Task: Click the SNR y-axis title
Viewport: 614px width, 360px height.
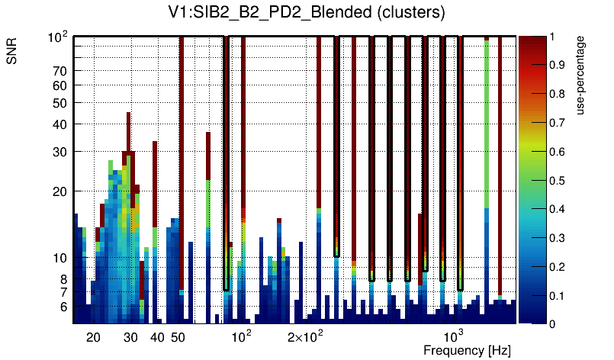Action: point(13,53)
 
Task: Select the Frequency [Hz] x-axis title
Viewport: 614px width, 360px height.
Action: point(467,351)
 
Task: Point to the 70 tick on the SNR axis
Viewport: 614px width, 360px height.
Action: point(60,71)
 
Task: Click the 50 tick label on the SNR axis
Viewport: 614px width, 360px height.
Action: point(60,103)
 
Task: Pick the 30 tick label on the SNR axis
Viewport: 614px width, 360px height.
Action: point(60,152)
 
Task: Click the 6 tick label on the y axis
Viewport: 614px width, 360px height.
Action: point(63,307)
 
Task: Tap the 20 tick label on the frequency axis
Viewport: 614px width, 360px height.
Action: point(93,337)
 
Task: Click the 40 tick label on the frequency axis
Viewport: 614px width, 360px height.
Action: point(157,337)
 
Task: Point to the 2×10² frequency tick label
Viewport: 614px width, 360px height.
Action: point(305,336)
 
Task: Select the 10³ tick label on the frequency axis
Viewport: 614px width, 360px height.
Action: point(454,336)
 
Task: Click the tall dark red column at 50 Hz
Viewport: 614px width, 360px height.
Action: point(182,153)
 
